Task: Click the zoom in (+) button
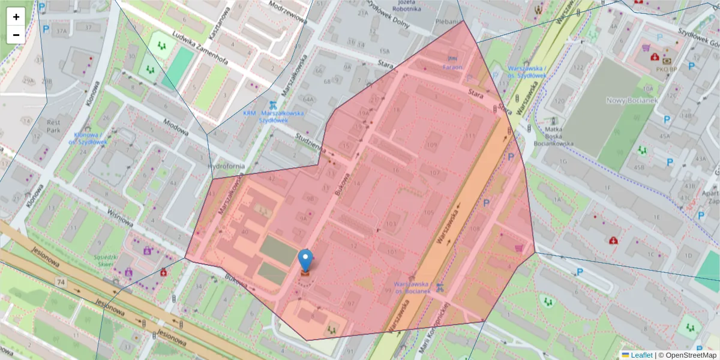[16, 17]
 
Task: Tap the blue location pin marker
[305, 260]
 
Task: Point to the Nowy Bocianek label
[632, 100]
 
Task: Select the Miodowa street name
[176, 128]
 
